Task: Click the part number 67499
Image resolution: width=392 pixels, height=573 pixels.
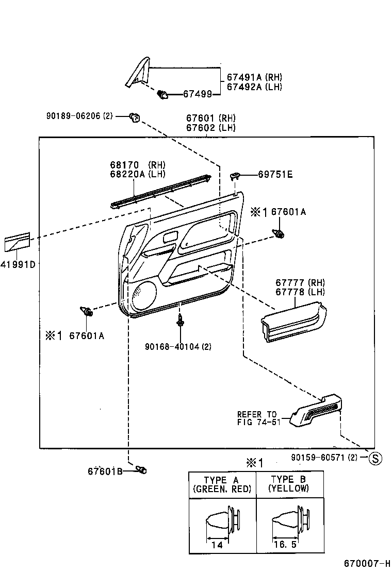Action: (198, 94)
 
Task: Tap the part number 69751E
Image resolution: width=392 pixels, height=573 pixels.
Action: (275, 175)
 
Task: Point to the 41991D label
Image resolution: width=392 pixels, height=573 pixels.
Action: (18, 265)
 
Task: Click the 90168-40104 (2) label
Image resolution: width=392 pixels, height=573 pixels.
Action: (178, 346)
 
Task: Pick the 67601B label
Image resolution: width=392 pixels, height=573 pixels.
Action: (105, 471)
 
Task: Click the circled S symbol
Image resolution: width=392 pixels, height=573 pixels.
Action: (376, 458)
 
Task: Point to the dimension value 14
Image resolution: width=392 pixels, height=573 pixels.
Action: (218, 545)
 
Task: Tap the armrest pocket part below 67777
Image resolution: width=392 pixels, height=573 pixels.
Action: (293, 323)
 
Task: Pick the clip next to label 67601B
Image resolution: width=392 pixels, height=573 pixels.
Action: (141, 469)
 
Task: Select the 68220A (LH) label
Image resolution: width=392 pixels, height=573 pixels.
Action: (137, 174)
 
